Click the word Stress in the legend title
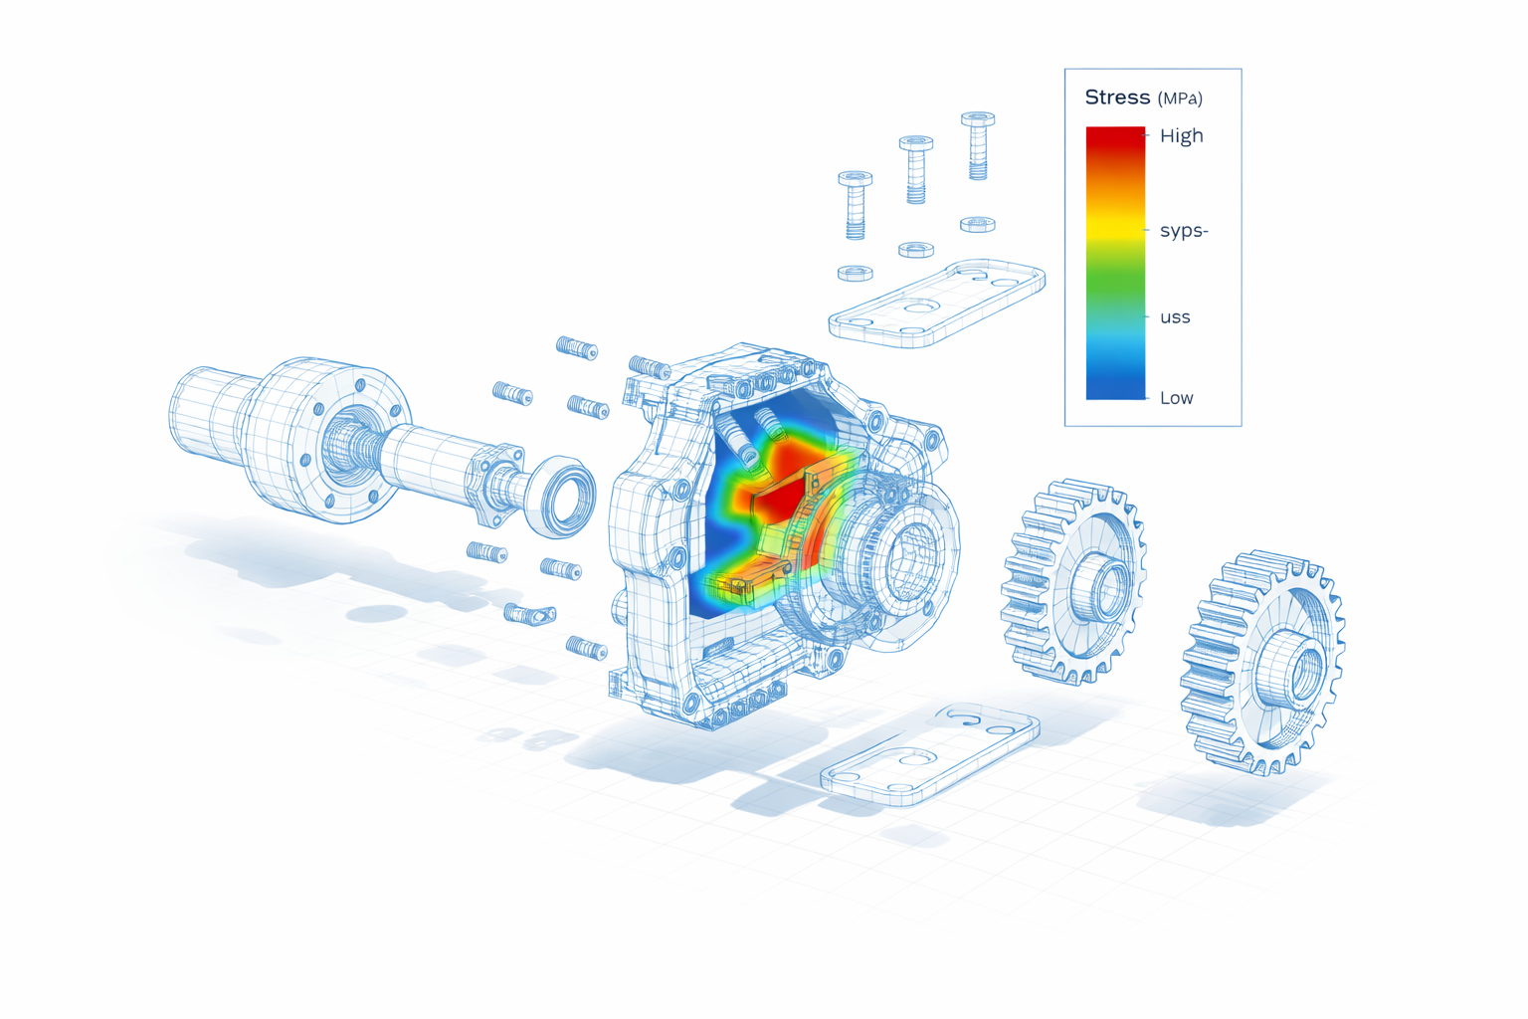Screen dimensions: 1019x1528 pyautogui.click(x=1116, y=98)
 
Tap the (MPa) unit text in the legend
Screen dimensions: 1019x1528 pyautogui.click(x=1180, y=99)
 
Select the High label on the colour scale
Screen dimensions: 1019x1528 pyautogui.click(x=1181, y=135)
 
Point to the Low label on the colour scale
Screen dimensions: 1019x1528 pyautogui.click(x=1176, y=398)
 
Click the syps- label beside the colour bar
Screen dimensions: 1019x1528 pyautogui.click(x=1183, y=231)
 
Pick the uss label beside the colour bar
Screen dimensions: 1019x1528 pyautogui.click(x=1175, y=317)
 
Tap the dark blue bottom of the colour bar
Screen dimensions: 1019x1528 pyautogui.click(x=1115, y=388)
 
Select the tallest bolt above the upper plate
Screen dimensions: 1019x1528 pyautogui.click(x=978, y=144)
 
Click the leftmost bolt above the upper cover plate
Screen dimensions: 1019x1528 pyautogui.click(x=856, y=204)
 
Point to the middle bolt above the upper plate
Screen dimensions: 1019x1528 pyautogui.click(x=916, y=168)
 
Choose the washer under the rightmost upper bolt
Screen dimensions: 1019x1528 pyautogui.click(x=977, y=224)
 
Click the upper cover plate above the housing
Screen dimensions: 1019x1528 pyautogui.click(x=935, y=304)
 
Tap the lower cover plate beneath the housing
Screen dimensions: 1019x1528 pyautogui.click(x=930, y=756)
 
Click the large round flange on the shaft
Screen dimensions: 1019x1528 pyautogui.click(x=343, y=438)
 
